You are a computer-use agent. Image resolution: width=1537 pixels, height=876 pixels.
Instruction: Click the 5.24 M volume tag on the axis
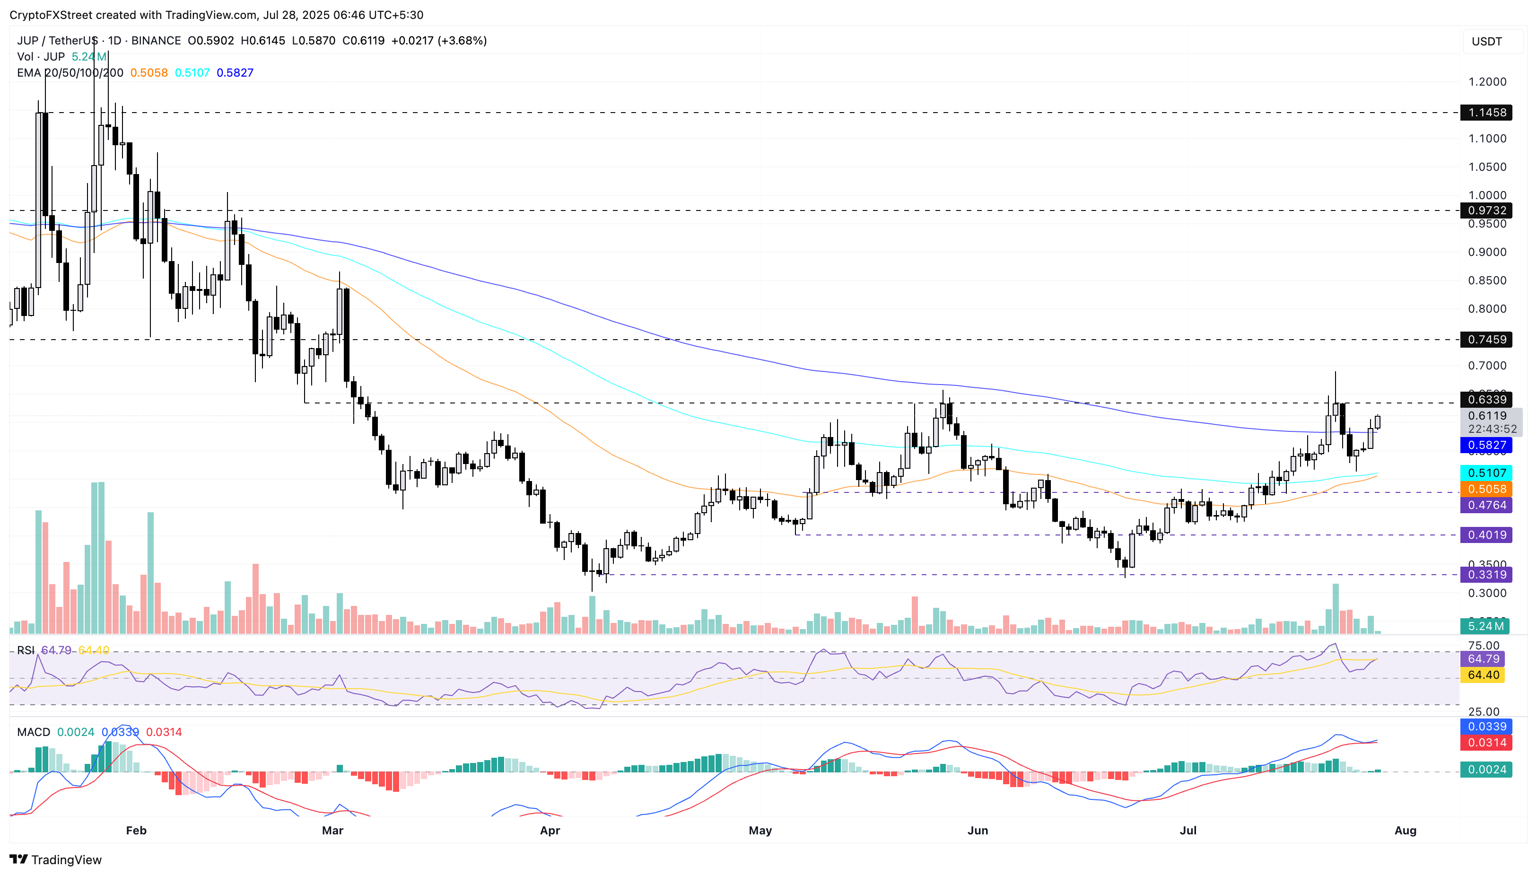coord(1485,626)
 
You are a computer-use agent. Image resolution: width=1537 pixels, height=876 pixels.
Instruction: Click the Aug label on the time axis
coord(1405,830)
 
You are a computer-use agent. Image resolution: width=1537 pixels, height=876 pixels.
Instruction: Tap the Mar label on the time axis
coord(332,830)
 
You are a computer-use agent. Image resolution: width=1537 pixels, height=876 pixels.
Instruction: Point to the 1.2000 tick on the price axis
coord(1486,82)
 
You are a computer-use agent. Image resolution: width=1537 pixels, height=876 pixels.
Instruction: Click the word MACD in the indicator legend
coord(34,732)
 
